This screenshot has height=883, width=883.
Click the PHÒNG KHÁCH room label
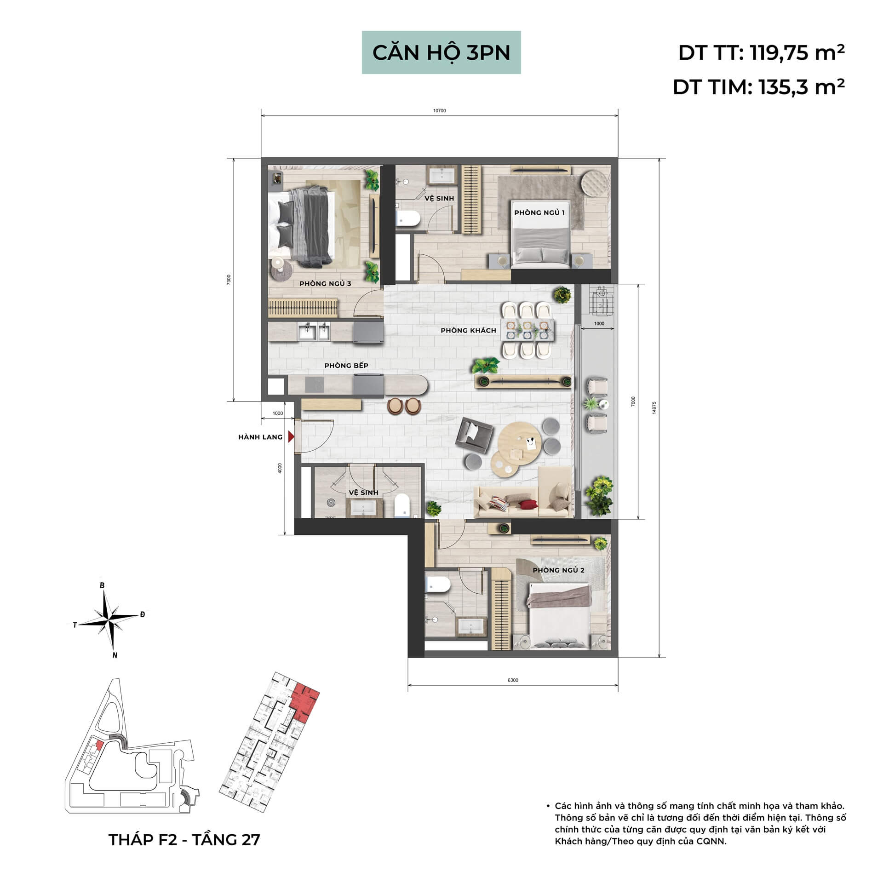point(468,330)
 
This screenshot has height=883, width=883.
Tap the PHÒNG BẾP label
point(346,365)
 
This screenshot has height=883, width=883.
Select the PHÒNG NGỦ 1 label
point(539,212)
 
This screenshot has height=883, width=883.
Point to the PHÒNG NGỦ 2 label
point(558,570)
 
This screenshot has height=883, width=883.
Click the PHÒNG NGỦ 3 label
point(325,283)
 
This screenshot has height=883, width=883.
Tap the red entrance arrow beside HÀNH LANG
point(291,436)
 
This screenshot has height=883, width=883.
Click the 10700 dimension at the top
point(439,111)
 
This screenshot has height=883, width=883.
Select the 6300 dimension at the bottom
point(513,680)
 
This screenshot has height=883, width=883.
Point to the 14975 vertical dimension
point(654,408)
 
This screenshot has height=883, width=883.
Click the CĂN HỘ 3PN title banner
point(441,52)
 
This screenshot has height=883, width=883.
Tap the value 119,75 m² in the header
point(797,53)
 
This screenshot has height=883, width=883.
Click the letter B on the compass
point(103,585)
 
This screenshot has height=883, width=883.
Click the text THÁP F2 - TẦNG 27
point(184,839)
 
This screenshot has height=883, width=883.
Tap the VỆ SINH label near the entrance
point(363,492)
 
